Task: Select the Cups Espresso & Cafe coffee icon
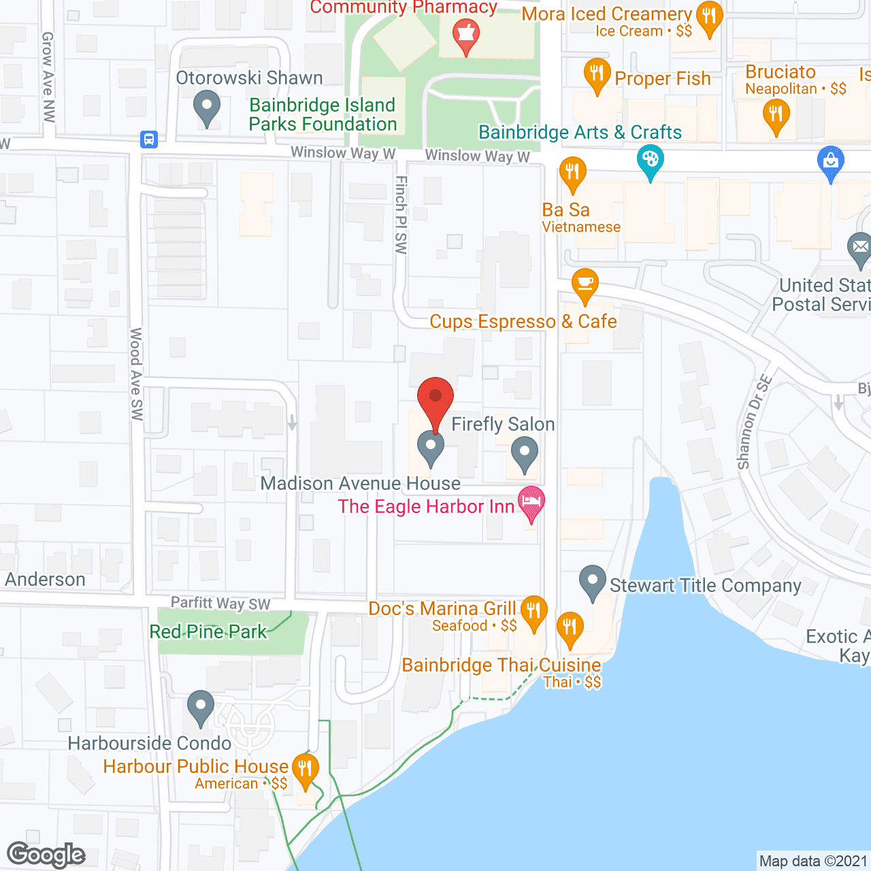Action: (x=585, y=284)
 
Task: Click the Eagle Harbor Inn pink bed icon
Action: (x=531, y=504)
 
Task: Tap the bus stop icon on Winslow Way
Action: (x=149, y=139)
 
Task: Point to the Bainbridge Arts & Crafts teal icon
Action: (x=650, y=162)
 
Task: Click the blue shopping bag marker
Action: (x=830, y=162)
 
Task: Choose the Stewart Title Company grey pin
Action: (x=593, y=580)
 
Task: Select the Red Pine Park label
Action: (x=208, y=631)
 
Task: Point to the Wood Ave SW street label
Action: (x=137, y=374)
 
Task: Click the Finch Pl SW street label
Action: (x=401, y=215)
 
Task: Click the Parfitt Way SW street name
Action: (x=220, y=603)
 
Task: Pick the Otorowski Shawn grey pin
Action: (x=207, y=107)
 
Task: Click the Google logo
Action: (x=46, y=855)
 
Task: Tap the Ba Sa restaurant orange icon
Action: (x=572, y=172)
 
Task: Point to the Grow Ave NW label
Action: (x=48, y=77)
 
